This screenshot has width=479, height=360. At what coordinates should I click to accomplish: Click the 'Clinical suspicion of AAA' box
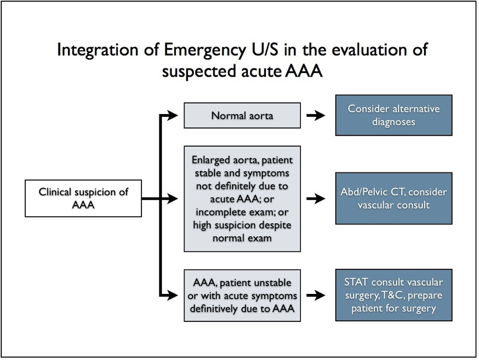[83, 198]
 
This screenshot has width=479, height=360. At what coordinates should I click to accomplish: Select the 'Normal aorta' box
[242, 115]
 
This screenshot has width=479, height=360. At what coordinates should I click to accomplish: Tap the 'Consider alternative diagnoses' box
[394, 115]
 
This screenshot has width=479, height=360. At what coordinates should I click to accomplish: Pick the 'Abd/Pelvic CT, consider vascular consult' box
[394, 198]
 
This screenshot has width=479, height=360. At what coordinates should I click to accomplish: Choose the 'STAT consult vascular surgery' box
[394, 295]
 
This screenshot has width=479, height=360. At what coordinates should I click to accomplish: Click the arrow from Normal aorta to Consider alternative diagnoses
[316, 116]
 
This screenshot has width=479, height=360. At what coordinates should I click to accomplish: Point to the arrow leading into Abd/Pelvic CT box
[316, 199]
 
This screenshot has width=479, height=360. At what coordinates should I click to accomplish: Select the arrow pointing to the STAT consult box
[316, 295]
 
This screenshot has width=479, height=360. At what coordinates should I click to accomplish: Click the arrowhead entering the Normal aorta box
[172, 115]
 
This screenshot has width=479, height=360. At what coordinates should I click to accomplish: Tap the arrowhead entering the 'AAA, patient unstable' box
[172, 295]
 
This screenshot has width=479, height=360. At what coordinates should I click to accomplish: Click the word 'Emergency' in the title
[204, 50]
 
